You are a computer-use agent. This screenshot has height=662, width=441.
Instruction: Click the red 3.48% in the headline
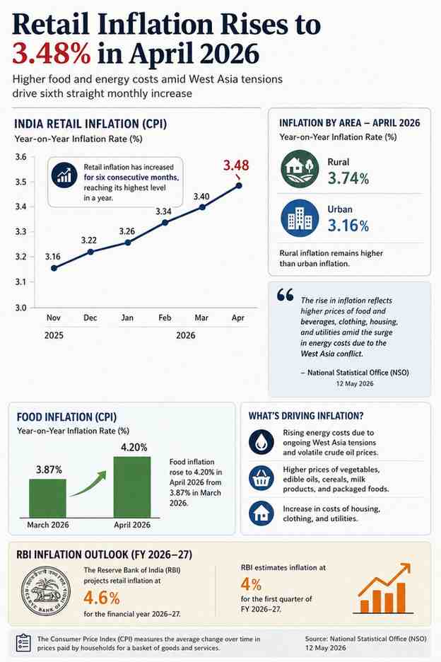click(51, 54)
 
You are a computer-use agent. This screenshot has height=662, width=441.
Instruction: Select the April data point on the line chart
click(239, 185)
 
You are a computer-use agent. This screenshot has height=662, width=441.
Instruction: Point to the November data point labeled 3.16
click(54, 268)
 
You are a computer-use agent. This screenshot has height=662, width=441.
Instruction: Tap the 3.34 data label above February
click(163, 211)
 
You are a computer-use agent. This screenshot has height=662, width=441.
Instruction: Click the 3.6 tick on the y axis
click(20, 157)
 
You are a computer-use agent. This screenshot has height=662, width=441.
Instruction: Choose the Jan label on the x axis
click(127, 318)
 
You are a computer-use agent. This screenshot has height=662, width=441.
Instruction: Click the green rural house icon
click(300, 169)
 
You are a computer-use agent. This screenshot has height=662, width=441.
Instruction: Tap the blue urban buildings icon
click(300, 219)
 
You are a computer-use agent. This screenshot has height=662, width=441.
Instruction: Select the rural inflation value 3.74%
click(348, 179)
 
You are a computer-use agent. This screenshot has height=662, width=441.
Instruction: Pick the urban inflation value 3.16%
click(348, 226)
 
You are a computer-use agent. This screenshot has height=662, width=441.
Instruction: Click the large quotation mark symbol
click(286, 295)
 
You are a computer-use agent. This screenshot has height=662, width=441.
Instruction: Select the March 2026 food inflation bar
click(47, 498)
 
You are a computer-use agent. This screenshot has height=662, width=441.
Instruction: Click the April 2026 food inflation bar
click(132, 487)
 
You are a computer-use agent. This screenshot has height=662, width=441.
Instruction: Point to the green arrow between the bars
click(88, 484)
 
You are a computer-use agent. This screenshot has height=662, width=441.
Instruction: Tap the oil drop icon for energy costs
click(261, 441)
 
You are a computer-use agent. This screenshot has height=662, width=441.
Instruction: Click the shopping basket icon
click(261, 478)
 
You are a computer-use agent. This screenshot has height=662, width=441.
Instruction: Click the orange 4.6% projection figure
click(102, 598)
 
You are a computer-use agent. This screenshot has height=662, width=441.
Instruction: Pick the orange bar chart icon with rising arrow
click(384, 588)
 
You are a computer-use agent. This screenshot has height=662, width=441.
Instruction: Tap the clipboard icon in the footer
click(23, 643)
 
